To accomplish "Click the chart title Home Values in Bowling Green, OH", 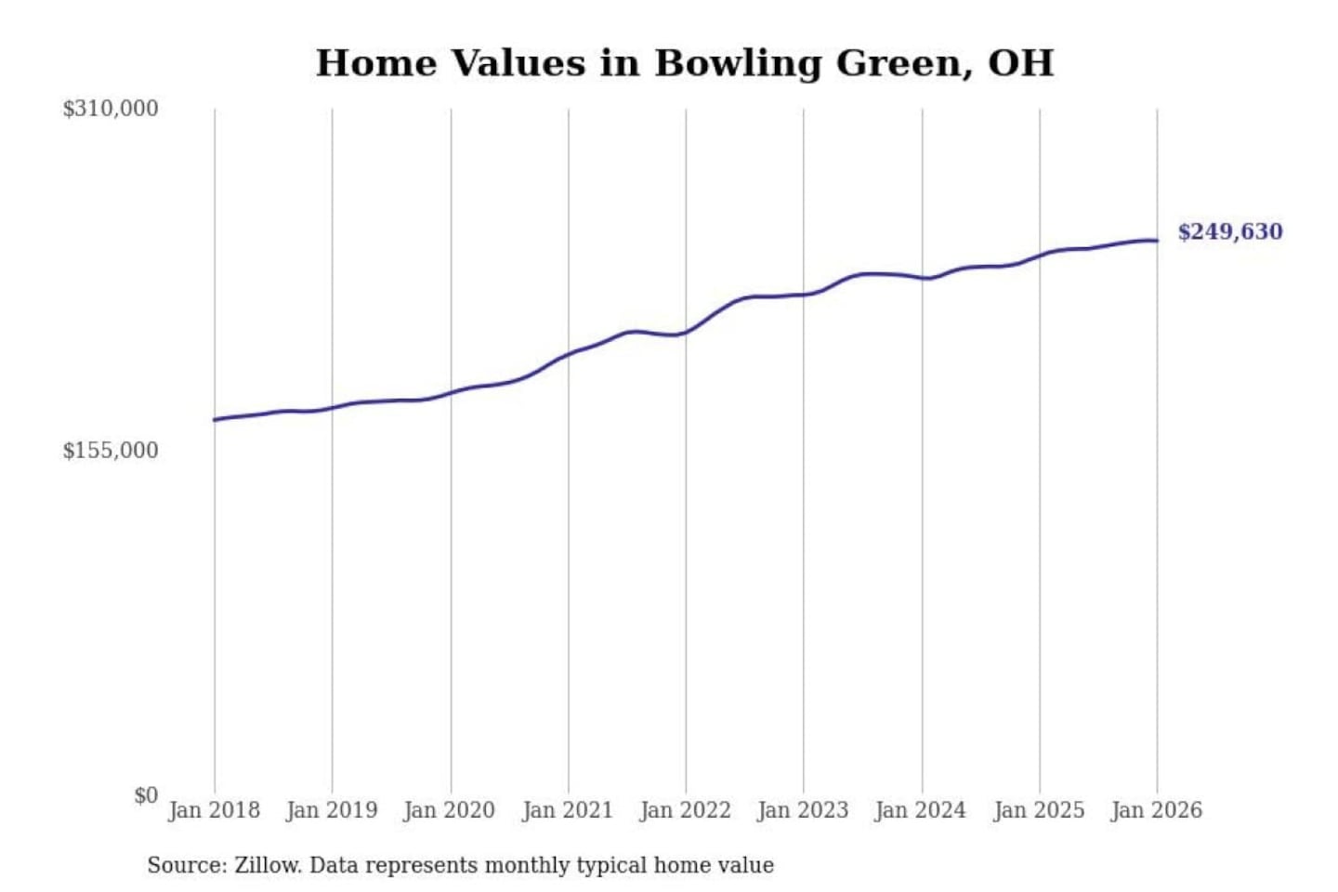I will coord(685,63).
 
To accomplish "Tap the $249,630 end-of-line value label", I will coord(1229,231).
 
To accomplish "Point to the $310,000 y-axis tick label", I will coord(111,109).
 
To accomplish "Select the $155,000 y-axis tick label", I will coord(111,451).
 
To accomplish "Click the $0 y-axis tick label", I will coord(146,795).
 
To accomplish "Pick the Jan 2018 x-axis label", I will coord(214,810).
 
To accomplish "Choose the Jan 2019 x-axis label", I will coord(332,810).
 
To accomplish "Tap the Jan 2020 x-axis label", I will coord(450,810).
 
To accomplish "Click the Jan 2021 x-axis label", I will coord(568,810).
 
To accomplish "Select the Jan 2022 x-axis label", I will coord(686,810).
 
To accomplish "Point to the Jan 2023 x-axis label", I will coord(803,810).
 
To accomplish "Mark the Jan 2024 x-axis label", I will coord(921,810).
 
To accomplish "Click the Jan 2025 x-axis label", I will coord(1039,810).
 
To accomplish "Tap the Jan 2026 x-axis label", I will coord(1157,810).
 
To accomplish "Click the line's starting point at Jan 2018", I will coord(215,420).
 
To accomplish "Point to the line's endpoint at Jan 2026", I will coord(1157,241).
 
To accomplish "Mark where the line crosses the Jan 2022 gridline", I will coord(687,332).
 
